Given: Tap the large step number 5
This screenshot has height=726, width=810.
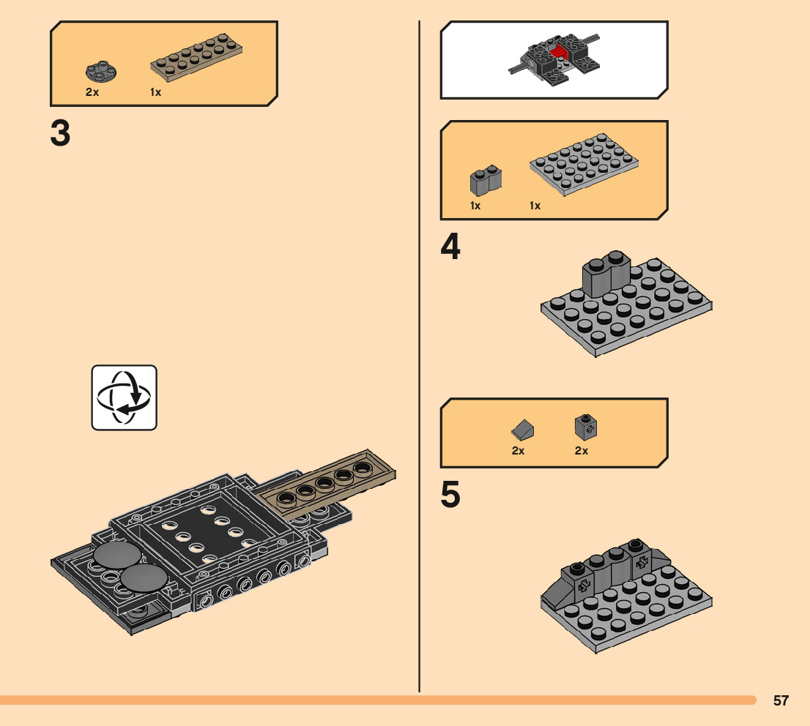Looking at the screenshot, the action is (450, 495).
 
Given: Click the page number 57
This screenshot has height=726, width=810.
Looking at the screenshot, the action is (781, 700).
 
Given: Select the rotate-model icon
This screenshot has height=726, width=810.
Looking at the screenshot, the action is (124, 397).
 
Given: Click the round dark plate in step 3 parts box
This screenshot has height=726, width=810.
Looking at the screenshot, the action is (96, 72).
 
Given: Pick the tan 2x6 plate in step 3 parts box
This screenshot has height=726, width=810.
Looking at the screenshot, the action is (197, 58).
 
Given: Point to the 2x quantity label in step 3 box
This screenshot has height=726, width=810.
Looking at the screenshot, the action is (92, 93).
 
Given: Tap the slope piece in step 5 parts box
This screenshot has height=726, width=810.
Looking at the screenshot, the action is (523, 429).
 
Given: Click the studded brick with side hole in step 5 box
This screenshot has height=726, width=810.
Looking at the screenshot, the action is (584, 427).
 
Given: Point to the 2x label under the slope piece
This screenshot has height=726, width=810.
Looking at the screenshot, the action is (519, 451).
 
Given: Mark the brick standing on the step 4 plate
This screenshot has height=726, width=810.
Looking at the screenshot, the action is (607, 274).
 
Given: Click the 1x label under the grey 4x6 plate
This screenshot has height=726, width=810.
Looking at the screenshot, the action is (535, 206).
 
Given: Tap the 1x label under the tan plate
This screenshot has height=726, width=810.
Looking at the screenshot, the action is (156, 93).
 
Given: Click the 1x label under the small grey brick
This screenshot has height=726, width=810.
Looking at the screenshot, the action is (475, 206).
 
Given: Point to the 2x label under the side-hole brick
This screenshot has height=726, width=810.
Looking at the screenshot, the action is (582, 451).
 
